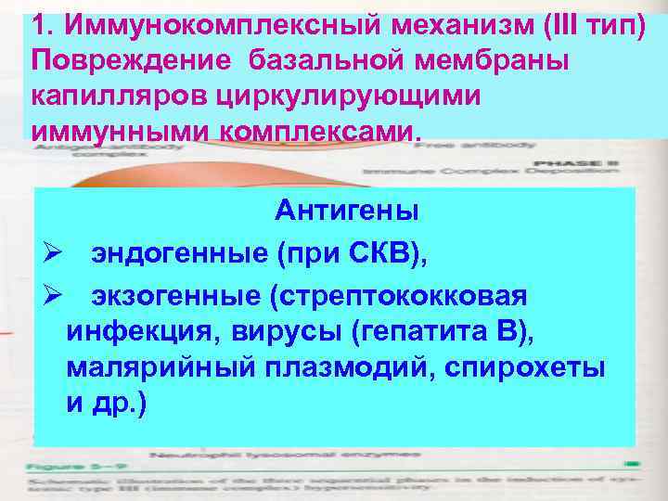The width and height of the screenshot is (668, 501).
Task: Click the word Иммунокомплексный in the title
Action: coord(182,21)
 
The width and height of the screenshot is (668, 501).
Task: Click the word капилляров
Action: coord(122,95)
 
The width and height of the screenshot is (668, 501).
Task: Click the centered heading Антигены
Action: coord(346,212)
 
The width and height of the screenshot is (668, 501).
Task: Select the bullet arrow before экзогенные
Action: coord(52,296)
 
